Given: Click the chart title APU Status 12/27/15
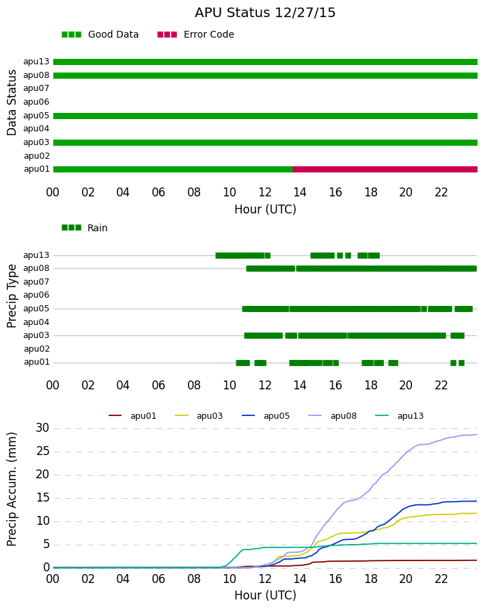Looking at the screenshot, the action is pos(265,13).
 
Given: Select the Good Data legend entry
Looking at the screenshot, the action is pos(100,35).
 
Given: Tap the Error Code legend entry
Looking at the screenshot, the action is pos(196,35).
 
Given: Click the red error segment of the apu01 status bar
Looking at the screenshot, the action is pos(385,169).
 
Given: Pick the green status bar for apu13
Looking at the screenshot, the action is pos(265,62).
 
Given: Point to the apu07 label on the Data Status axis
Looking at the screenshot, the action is pos(36,88).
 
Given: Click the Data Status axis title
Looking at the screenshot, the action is pos(12,103).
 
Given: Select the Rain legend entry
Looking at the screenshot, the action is pos(85,228).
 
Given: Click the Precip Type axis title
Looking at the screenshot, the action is pos(12,296).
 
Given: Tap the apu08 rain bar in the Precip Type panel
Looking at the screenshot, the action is pos(361,268).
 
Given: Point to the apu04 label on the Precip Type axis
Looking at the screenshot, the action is pos(36,322).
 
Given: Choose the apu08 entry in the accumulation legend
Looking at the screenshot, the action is pos(333,416).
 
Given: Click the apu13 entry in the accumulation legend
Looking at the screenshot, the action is pos(400,416).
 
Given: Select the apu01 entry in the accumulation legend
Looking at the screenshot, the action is pos(133,416).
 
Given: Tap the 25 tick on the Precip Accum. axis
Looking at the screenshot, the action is pos(43,452).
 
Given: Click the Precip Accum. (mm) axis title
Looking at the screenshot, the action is pos(12,489).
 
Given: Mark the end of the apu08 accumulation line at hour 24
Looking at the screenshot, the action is pos(477,435).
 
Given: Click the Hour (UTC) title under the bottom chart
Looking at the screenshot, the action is pos(265,595).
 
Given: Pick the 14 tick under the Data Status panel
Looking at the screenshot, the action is pos(300,192).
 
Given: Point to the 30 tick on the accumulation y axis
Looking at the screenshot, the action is pos(43,428).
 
